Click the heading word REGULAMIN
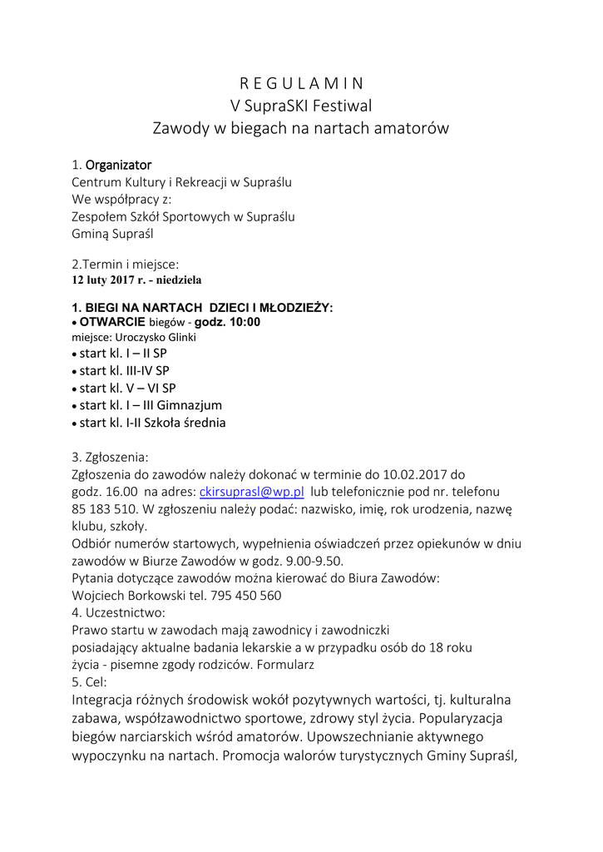click(x=301, y=83)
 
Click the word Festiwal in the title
click(x=344, y=106)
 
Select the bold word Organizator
click(x=118, y=165)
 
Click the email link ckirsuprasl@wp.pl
click(x=252, y=492)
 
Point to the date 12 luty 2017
click(x=103, y=280)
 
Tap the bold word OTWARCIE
click(x=113, y=322)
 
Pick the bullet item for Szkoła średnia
click(x=152, y=423)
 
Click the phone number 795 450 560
click(x=245, y=596)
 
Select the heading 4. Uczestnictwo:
click(x=119, y=612)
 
